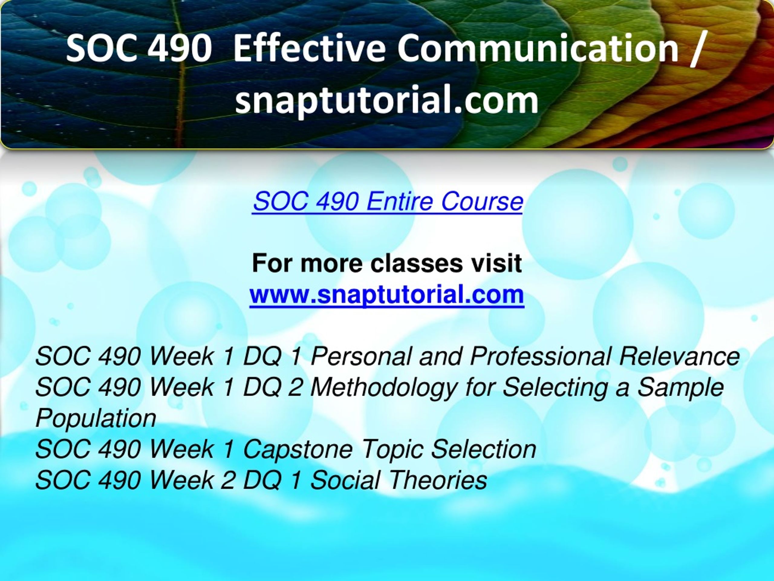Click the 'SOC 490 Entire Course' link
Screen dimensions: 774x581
pyautogui.click(x=388, y=202)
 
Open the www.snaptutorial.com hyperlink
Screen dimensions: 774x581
pyautogui.click(x=387, y=294)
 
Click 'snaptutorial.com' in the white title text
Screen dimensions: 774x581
pyautogui.click(x=387, y=100)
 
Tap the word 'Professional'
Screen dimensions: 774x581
pyautogui.click(x=540, y=356)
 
